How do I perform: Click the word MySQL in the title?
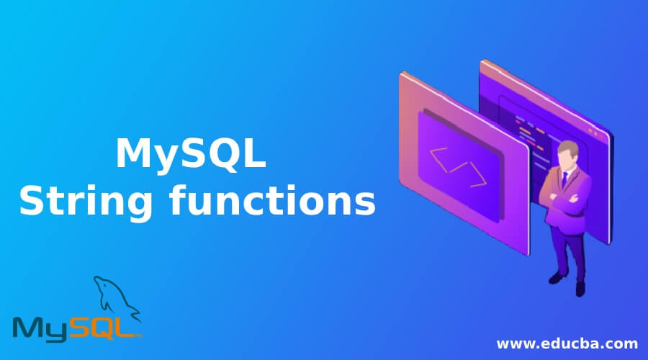coord(191,155)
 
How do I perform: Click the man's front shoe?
coord(556,277)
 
